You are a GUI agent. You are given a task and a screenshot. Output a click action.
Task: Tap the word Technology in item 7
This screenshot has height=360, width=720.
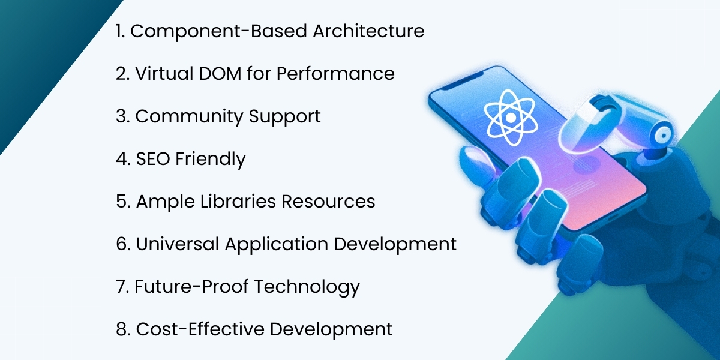(307, 287)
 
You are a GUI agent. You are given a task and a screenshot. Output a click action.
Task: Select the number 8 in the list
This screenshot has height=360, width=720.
(121, 329)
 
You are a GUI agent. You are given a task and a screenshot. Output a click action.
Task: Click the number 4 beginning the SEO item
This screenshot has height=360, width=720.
(121, 159)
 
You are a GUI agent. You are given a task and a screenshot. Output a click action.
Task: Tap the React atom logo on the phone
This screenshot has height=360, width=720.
(509, 118)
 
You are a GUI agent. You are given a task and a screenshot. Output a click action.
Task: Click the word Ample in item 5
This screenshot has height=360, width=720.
(158, 202)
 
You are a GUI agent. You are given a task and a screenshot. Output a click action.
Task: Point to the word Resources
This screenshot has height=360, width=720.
(328, 202)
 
